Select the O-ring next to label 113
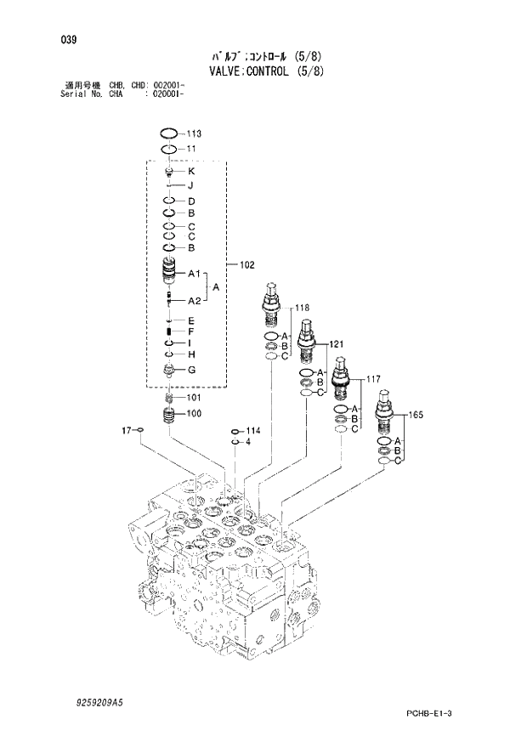[x=169, y=133]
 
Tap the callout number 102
[x=246, y=265]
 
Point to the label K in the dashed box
[x=191, y=172]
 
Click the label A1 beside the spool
[x=194, y=275]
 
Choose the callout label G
[x=192, y=370]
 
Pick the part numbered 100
[x=169, y=416]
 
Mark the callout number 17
[x=125, y=432]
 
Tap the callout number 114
[x=252, y=431]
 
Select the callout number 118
[x=302, y=308]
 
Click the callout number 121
[x=336, y=344]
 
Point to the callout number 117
[x=372, y=379]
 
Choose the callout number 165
[x=416, y=415]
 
